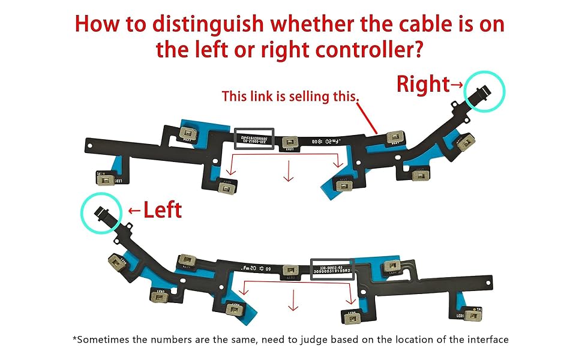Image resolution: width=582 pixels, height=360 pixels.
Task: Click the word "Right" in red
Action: (x=423, y=85)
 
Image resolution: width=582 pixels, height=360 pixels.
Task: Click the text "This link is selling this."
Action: (x=290, y=96)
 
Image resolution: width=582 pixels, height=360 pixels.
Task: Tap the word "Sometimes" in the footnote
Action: (x=101, y=340)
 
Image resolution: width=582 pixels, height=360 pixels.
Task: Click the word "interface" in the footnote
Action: (x=487, y=340)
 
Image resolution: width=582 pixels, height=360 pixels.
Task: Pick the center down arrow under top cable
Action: (x=289, y=173)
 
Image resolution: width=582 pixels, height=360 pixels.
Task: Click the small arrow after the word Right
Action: (x=457, y=85)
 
